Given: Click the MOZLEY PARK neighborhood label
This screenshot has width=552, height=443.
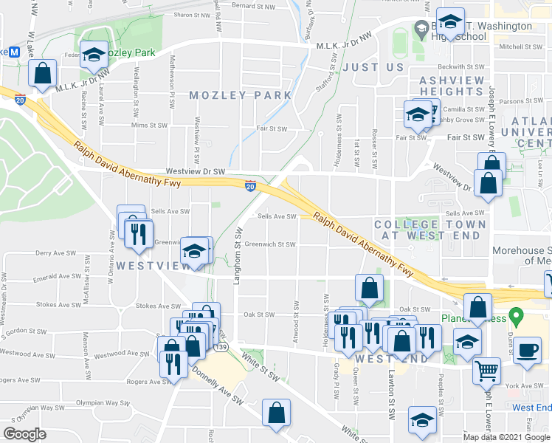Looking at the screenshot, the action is [x=240, y=95].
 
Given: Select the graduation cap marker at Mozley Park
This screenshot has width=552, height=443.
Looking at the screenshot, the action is [x=94, y=55].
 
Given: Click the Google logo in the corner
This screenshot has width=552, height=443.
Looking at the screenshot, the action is [x=25, y=434].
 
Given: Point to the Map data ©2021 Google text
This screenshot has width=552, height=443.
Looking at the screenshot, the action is [x=507, y=436].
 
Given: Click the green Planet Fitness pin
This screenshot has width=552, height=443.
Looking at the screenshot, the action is [x=516, y=319].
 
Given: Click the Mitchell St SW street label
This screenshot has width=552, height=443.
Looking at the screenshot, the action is [x=521, y=46].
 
